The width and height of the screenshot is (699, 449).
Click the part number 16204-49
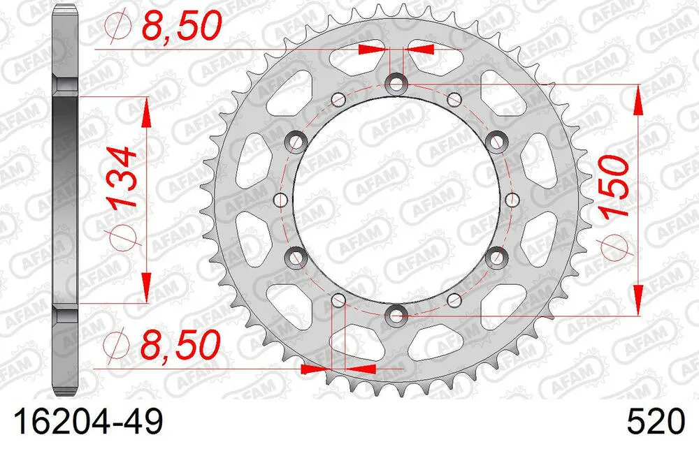(x=85, y=422)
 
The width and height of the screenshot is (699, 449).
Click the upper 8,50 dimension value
(x=181, y=27)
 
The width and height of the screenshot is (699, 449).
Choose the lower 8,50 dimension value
(x=181, y=344)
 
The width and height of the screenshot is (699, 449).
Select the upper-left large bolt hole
(x=298, y=142)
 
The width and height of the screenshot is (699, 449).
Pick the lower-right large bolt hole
(x=497, y=257)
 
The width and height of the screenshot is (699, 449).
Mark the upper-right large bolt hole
(x=497, y=142)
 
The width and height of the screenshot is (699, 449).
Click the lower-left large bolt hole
(x=298, y=257)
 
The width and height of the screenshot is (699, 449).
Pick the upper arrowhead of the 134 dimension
(x=147, y=112)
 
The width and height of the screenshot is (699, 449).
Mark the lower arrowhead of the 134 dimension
(x=147, y=287)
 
